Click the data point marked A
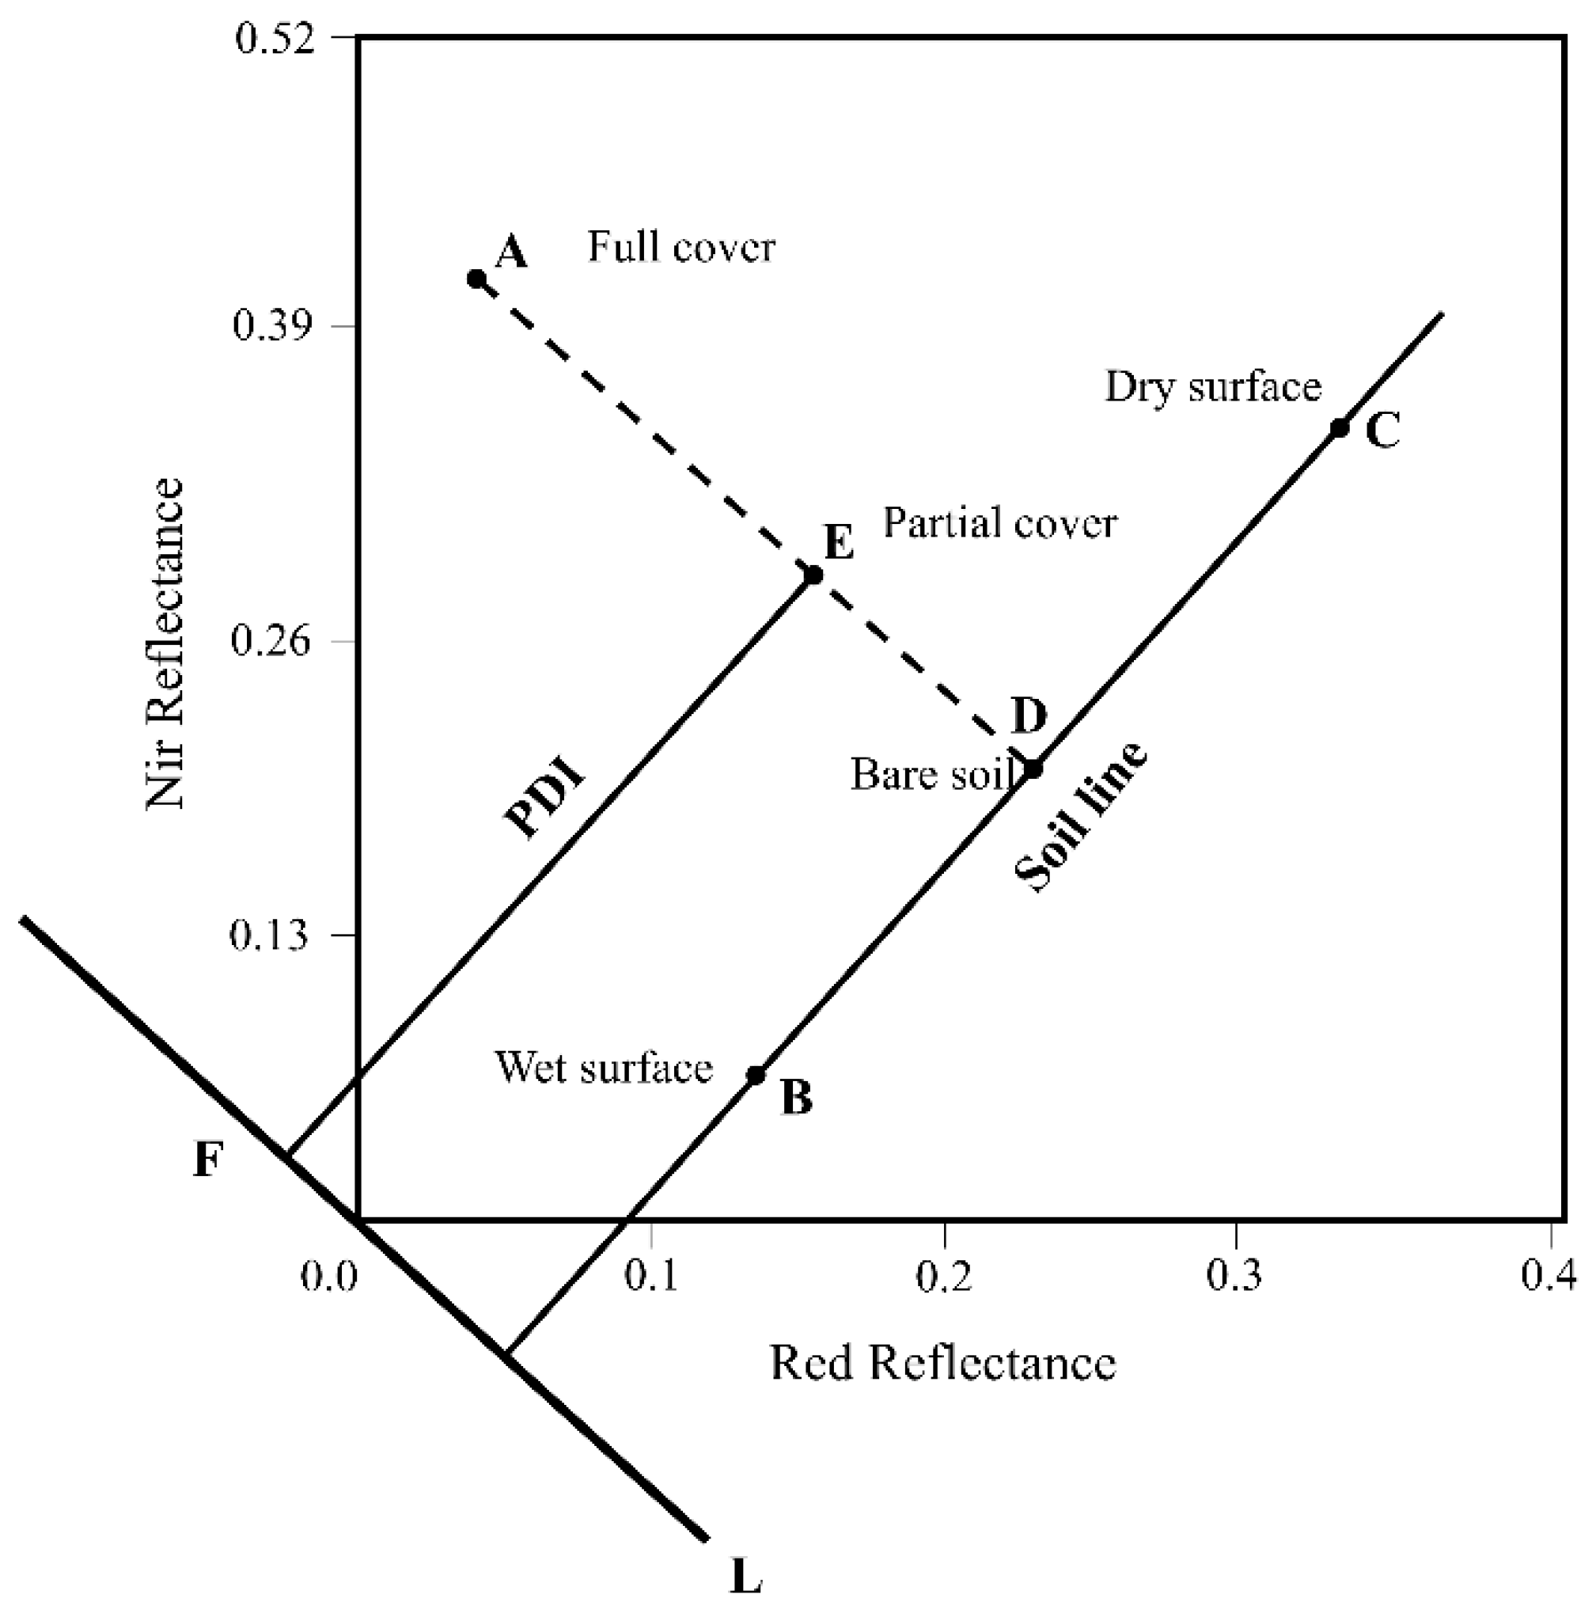coord(476,279)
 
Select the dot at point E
coord(813,575)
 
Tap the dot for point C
coord(1339,427)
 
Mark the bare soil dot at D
coord(1033,769)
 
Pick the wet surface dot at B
coord(756,1075)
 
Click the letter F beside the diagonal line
coord(208,1161)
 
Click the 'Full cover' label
coord(681,247)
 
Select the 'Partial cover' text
coord(1000,524)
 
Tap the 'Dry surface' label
coord(1213,387)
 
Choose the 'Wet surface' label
coord(604,1068)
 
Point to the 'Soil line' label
coord(1080,818)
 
